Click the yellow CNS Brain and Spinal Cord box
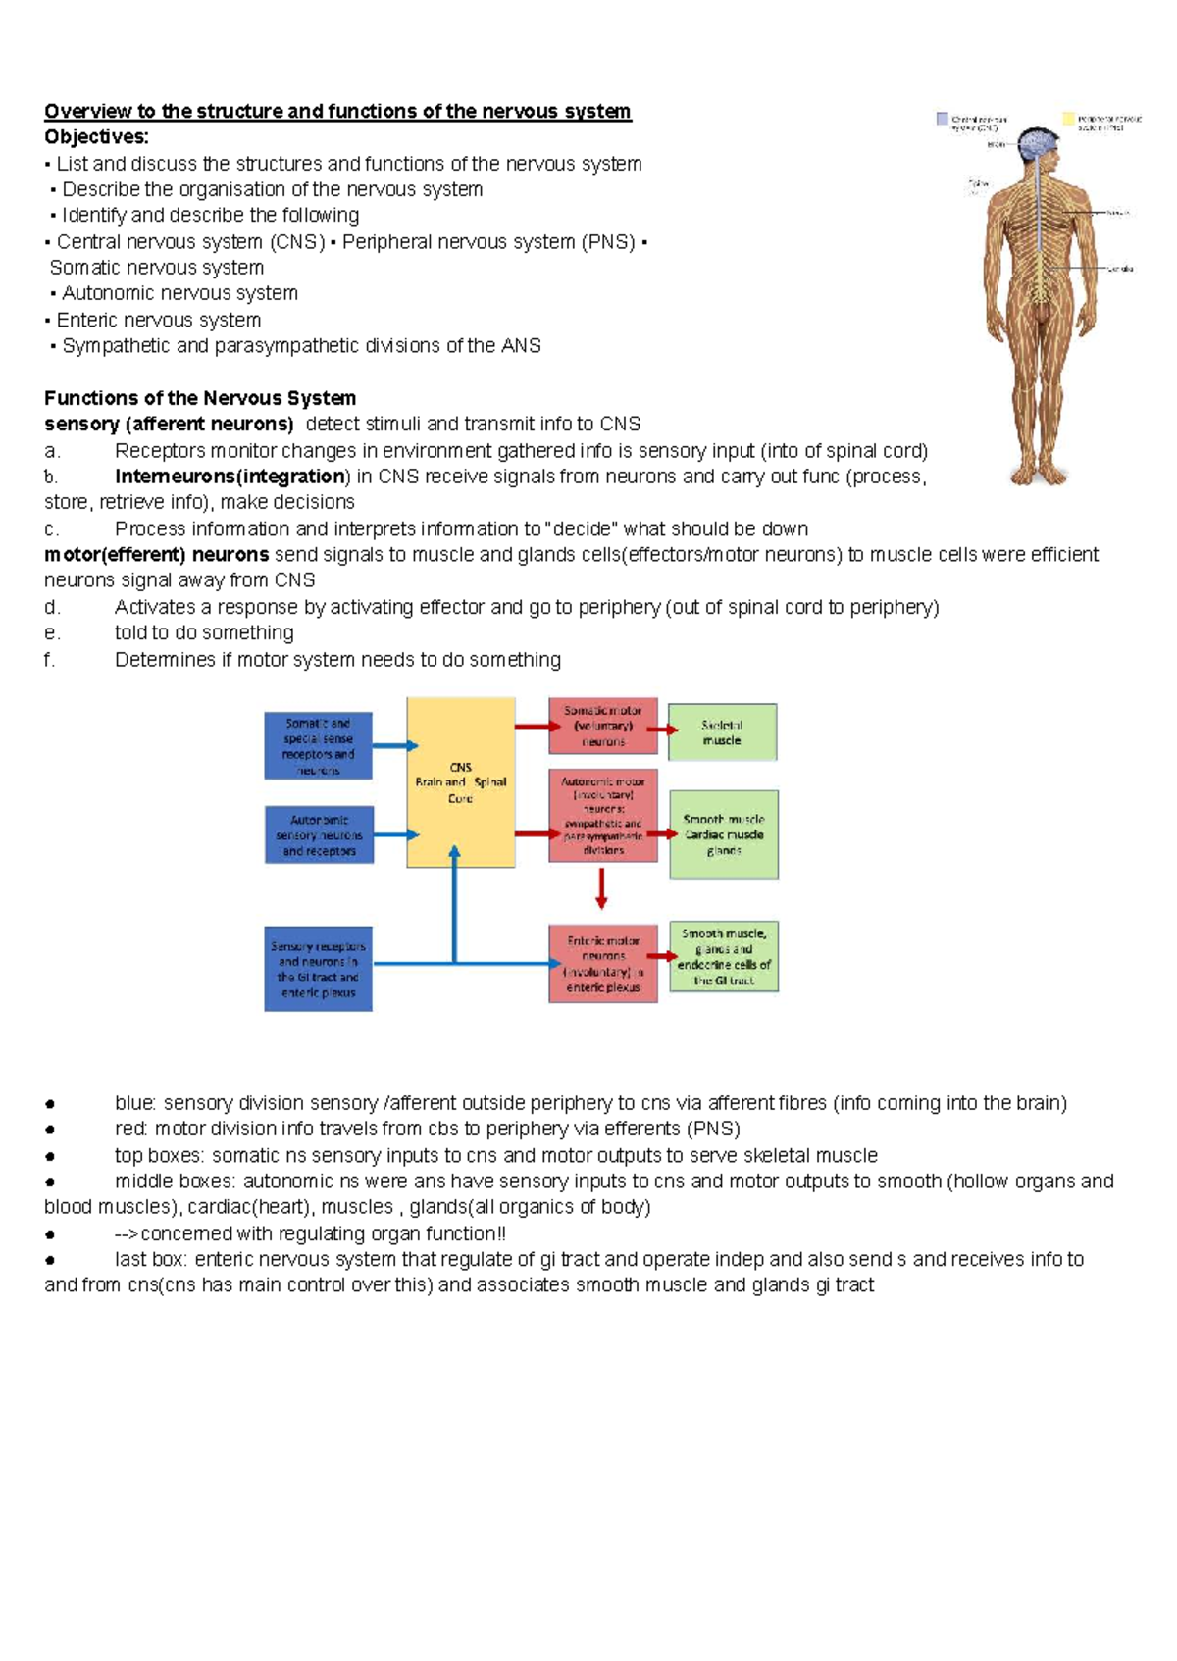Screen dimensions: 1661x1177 tap(460, 781)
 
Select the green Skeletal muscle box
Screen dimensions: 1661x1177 tap(722, 732)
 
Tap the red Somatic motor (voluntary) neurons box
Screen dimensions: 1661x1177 tap(602, 726)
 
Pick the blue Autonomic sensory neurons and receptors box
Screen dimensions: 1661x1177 tap(319, 835)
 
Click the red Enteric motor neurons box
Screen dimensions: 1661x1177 tap(602, 964)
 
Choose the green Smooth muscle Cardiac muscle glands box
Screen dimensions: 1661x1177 tap(724, 834)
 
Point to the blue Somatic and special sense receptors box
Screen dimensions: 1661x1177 tap(318, 746)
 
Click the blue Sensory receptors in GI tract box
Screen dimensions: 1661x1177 tap(318, 969)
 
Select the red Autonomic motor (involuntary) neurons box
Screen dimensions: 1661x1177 tap(602, 816)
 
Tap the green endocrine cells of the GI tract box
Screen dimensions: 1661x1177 tap(724, 957)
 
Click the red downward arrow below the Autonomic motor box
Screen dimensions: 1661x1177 tap(601, 888)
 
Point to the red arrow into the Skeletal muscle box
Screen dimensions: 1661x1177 tap(663, 730)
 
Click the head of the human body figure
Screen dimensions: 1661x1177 tap(1038, 145)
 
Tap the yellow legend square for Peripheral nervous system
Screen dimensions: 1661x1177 tap(1069, 119)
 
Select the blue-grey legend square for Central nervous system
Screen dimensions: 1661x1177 tap(943, 119)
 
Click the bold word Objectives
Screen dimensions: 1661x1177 tap(96, 137)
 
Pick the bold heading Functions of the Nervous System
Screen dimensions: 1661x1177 tap(200, 398)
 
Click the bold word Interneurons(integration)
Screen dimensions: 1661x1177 tap(230, 477)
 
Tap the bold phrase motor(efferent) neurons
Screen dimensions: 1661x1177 tap(156, 555)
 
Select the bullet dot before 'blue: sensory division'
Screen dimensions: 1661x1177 tap(49, 1104)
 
